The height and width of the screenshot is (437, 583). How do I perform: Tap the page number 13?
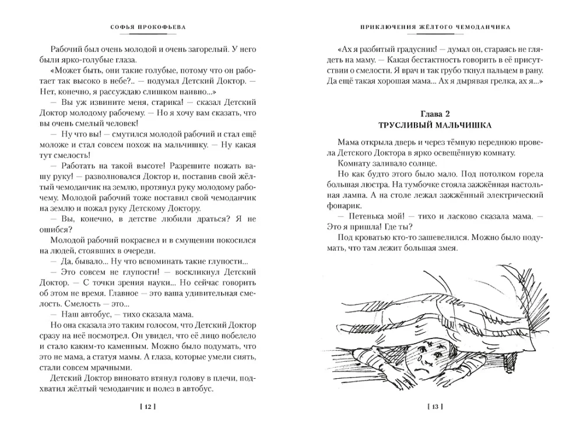(436, 406)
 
